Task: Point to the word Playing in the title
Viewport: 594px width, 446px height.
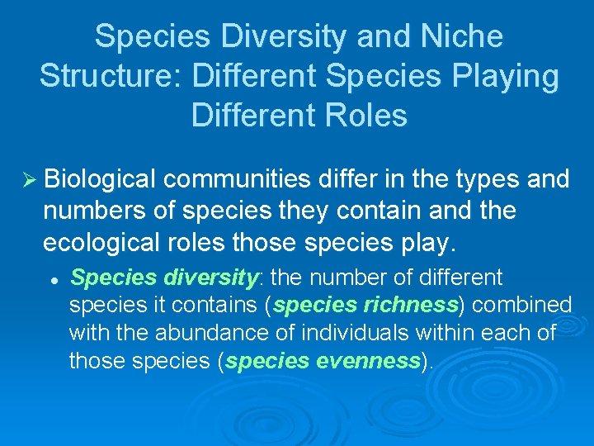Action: pyautogui.click(x=509, y=76)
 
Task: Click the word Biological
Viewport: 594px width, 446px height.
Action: pyautogui.click(x=101, y=179)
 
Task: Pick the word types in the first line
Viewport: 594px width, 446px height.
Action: pyautogui.click(x=472, y=179)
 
